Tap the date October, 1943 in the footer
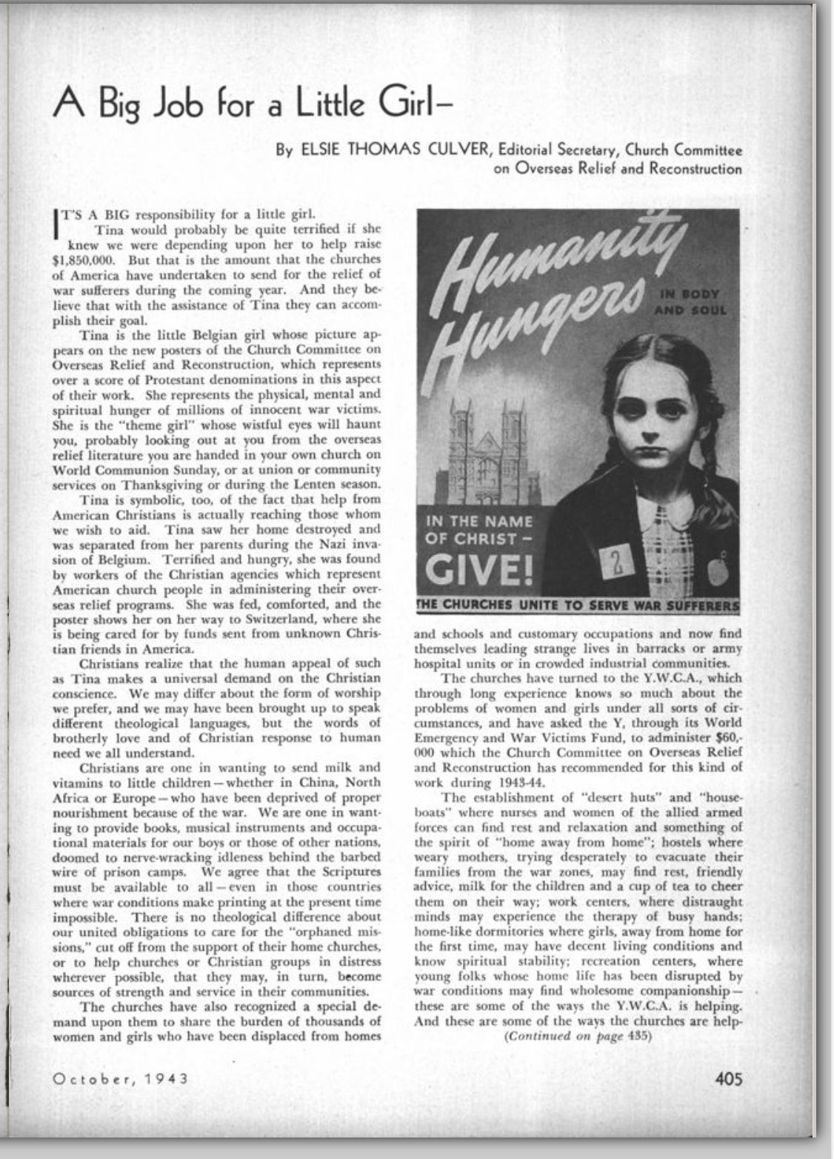pyautogui.click(x=120, y=1078)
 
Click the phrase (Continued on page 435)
pyautogui.click(x=577, y=1037)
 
